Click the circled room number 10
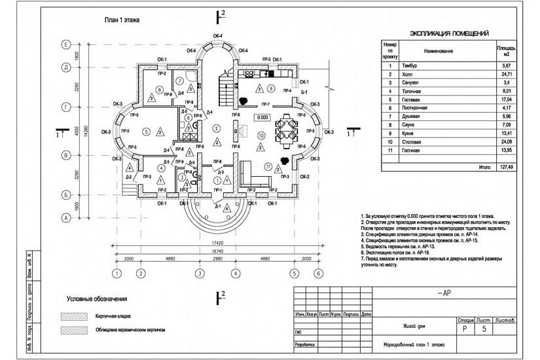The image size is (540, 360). (x=261, y=135)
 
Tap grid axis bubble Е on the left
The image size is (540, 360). (x=65, y=45)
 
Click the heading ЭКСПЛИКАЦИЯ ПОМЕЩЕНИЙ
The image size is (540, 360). (x=449, y=33)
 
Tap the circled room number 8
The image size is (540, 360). (x=159, y=90)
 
